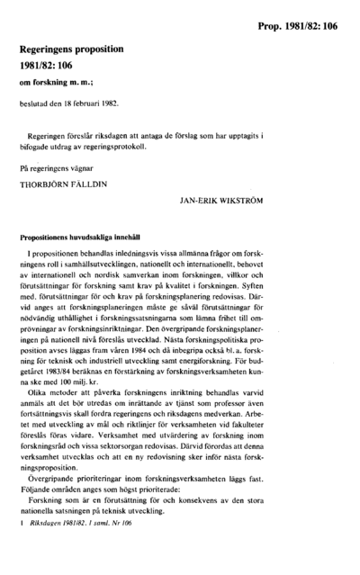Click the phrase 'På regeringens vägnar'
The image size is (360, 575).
[x=58, y=165]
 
